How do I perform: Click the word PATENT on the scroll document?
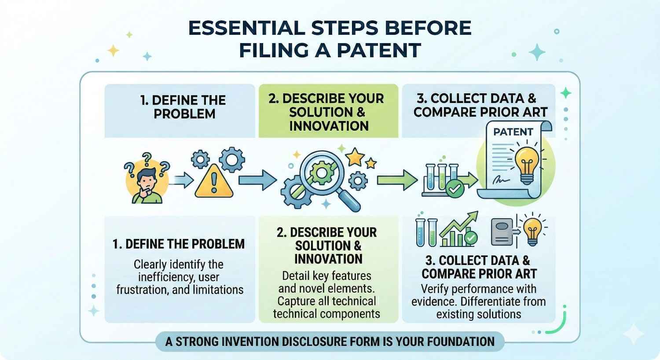point(513,132)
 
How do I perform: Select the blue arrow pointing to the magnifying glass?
point(257,180)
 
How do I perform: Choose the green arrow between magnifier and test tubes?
point(391,180)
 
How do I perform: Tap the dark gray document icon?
point(502,231)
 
